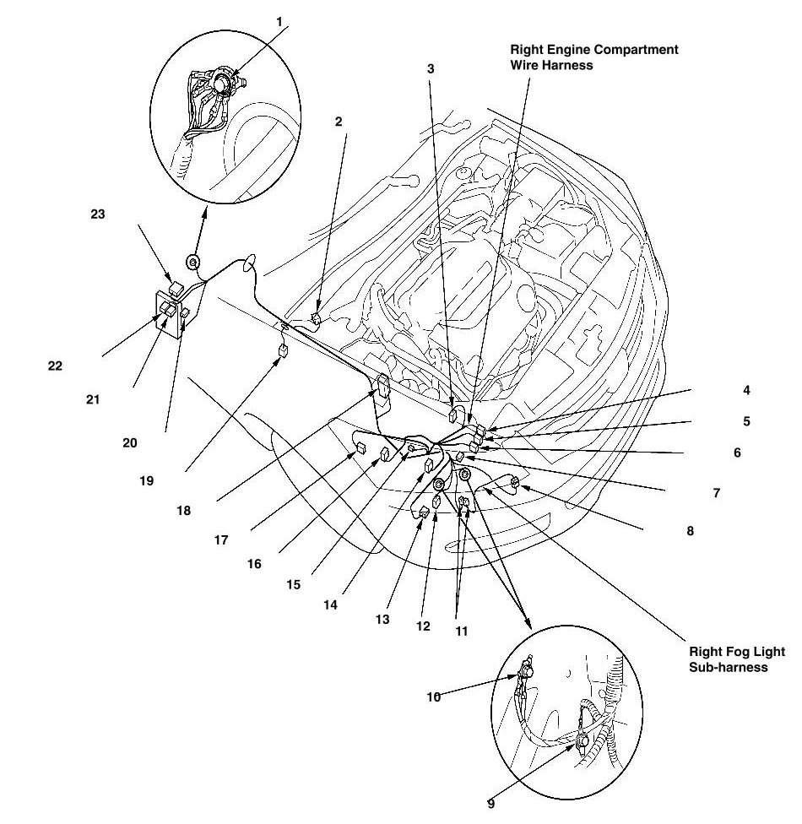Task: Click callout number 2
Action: pos(339,122)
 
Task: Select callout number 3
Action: pos(431,68)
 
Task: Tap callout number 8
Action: pos(690,532)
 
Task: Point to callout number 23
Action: pos(98,214)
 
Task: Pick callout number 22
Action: pos(57,366)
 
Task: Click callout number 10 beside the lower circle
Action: pos(432,697)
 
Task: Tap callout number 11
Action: pos(461,631)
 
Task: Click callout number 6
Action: pos(737,453)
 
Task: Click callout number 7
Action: pos(717,492)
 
